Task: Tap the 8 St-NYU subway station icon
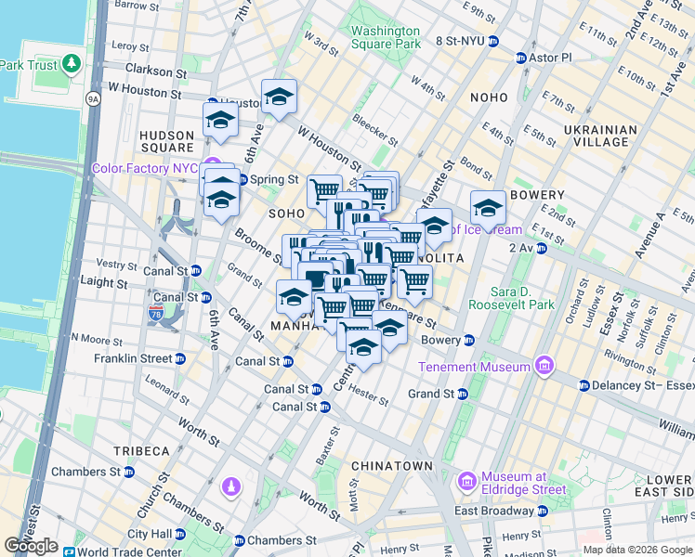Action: [493, 41]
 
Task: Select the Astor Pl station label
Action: [548, 58]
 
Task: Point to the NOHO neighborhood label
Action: [489, 97]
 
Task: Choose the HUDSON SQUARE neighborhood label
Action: [166, 141]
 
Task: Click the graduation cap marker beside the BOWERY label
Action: [487, 206]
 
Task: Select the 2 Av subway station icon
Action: [540, 248]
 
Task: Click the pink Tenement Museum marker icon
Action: [544, 366]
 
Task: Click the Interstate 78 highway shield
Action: [155, 314]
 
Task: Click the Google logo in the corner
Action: [31, 546]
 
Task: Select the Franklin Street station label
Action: [133, 358]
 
